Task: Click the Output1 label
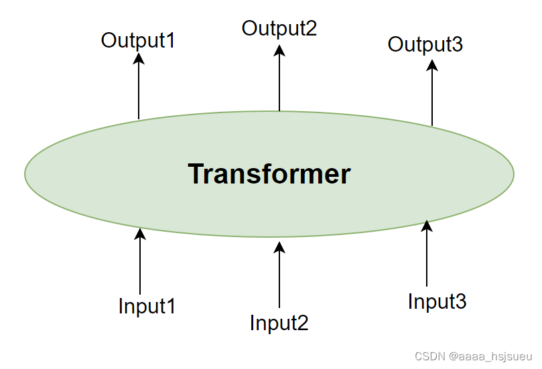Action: tap(138, 40)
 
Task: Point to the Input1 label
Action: tap(147, 306)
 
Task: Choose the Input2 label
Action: tap(279, 323)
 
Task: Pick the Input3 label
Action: tap(437, 301)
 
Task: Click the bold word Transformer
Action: tap(269, 174)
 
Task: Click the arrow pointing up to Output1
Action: tap(139, 87)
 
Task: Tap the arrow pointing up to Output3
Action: tap(432, 94)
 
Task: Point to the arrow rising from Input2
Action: tap(279, 278)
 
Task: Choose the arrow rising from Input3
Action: tap(427, 254)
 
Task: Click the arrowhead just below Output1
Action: tap(139, 58)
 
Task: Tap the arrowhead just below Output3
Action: tap(432, 64)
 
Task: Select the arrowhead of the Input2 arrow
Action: tap(279, 247)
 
